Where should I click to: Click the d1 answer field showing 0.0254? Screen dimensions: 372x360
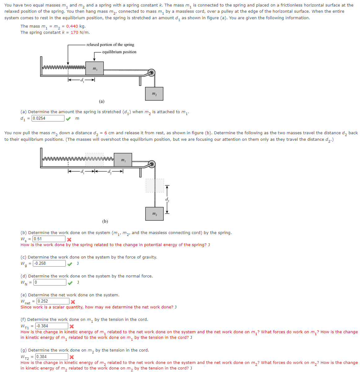[x=48, y=118]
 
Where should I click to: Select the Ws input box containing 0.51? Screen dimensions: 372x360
[x=49, y=239]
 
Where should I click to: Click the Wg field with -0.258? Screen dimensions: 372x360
[x=49, y=263]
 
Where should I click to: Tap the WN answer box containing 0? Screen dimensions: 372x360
[x=50, y=282]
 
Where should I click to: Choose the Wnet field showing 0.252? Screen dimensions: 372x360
[x=53, y=301]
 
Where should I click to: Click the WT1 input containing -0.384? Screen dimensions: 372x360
[x=51, y=326]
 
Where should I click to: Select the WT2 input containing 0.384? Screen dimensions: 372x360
[x=51, y=357]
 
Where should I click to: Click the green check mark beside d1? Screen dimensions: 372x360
[x=68, y=118]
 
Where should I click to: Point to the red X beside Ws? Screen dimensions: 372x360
[x=69, y=239]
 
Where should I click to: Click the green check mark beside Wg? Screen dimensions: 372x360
[x=70, y=264]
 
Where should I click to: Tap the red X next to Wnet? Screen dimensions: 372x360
[x=73, y=302]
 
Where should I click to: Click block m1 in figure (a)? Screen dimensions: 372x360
[x=95, y=68]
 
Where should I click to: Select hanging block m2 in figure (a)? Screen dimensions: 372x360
[x=154, y=94]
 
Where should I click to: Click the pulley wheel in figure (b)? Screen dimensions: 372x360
[x=152, y=164]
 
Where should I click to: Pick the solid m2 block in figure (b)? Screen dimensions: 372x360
[x=154, y=214]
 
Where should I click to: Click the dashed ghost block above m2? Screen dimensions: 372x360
[x=155, y=185]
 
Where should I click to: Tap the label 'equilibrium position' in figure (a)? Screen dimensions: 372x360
[x=119, y=52]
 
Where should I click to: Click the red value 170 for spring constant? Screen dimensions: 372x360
[x=74, y=33]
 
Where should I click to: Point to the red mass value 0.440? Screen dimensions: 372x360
[x=72, y=26]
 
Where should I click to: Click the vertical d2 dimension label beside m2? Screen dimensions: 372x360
[x=167, y=199]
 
